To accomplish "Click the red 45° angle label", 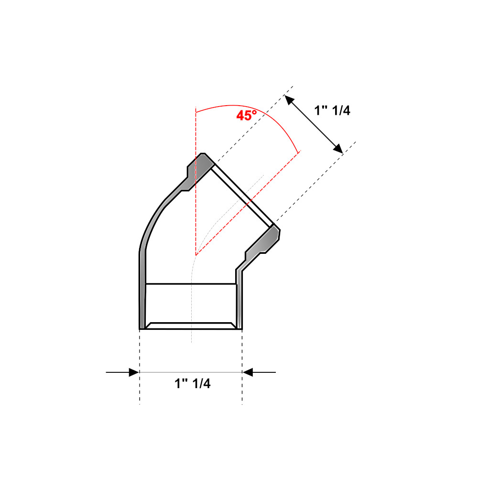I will [246, 115].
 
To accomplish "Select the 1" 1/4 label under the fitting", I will [192, 384].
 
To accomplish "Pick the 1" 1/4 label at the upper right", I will [332, 110].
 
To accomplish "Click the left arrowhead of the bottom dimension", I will [133, 372].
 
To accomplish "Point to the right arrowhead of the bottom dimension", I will [248, 372].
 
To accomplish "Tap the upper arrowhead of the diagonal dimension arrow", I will [288, 99].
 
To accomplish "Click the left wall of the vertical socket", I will [142, 296].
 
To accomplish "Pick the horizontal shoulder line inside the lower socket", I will [191, 284].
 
